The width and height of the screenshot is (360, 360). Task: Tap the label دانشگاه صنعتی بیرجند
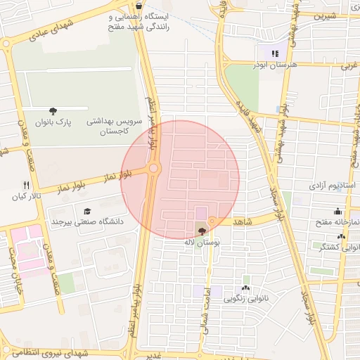point(86,221)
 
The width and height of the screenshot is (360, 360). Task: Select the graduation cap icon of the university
point(87,211)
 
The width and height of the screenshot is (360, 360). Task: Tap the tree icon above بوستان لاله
point(202,230)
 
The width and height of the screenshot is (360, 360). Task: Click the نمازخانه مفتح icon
point(337,211)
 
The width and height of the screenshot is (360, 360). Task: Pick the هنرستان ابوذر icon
point(275,53)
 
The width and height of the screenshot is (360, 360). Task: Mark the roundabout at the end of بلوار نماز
point(153,169)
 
